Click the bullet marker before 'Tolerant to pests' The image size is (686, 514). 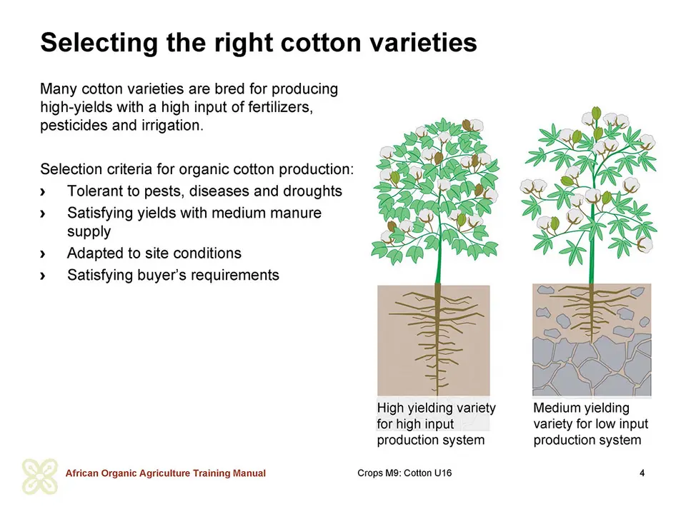(x=42, y=192)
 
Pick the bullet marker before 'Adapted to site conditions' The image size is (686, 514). (x=42, y=254)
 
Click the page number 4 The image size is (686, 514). (x=642, y=473)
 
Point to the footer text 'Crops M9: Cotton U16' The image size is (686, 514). (x=404, y=473)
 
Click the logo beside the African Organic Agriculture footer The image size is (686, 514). (x=40, y=476)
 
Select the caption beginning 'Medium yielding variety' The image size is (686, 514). (x=590, y=424)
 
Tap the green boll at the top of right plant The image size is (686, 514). (x=595, y=114)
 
